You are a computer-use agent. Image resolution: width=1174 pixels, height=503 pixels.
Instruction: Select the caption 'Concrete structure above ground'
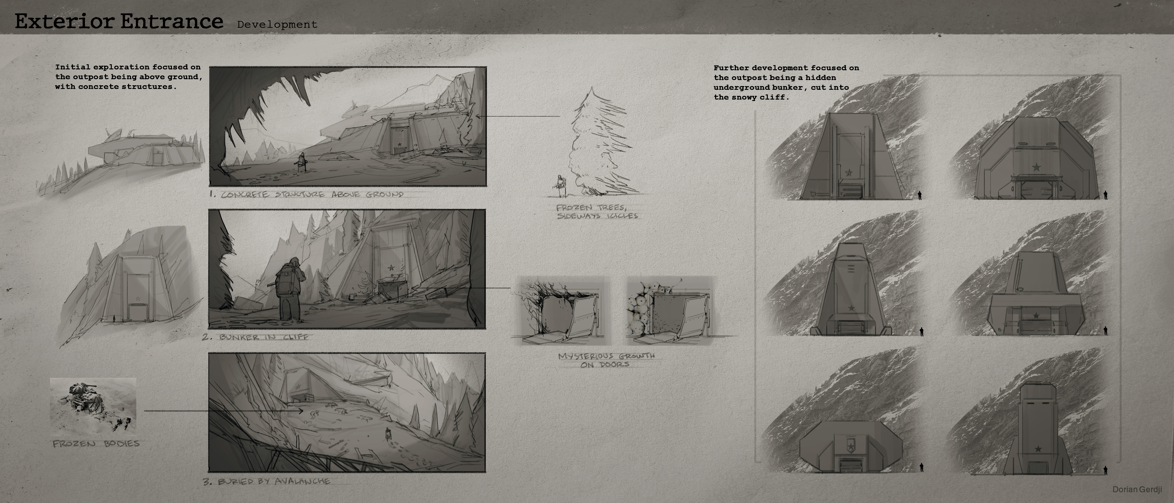[307, 194]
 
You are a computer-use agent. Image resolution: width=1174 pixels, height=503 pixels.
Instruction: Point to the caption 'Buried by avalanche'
[267, 481]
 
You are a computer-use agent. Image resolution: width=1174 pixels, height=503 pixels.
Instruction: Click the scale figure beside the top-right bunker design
[1106, 195]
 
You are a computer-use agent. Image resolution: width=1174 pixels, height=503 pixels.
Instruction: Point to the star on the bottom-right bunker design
[1038, 449]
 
